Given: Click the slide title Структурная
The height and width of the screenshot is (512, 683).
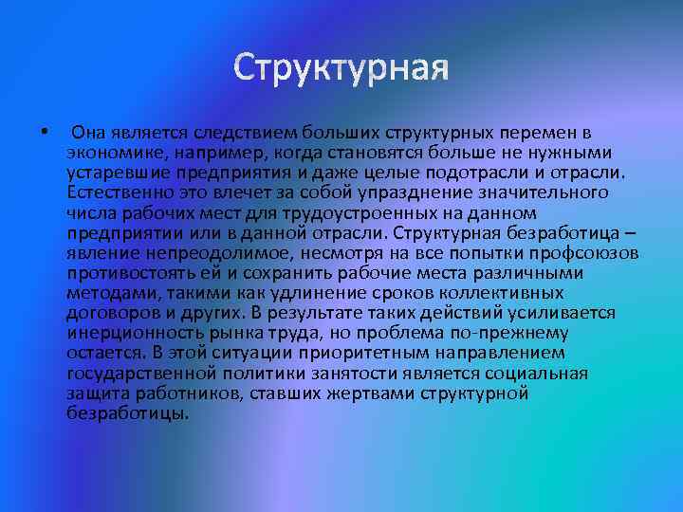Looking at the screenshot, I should pos(341,69).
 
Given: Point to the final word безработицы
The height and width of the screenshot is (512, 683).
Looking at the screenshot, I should pos(128,412).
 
